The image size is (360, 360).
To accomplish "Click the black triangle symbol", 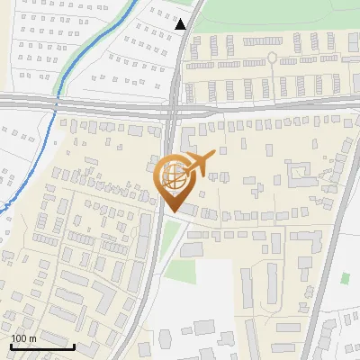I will pos(181,24).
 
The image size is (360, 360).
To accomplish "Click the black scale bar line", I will pos(41,346).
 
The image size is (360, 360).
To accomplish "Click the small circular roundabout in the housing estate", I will pos(272,58).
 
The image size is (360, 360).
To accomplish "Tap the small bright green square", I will pos(345,279).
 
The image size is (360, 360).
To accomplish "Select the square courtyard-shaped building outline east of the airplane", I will pos(297,172).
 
